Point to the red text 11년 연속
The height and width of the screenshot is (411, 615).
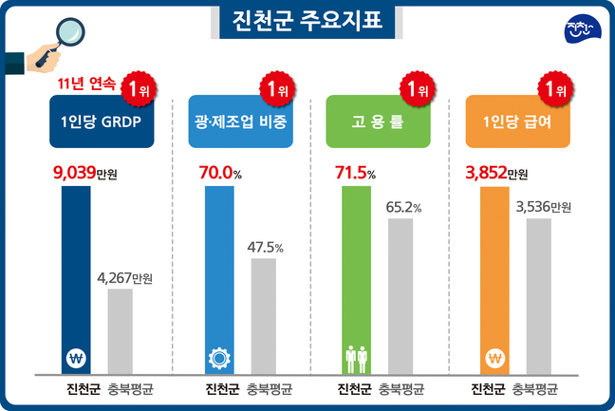(x=85, y=84)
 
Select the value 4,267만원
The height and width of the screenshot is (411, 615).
(x=125, y=277)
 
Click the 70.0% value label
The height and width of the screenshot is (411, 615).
(x=224, y=174)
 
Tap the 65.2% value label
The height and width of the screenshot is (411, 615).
(x=402, y=207)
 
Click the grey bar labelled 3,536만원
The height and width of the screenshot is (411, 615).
(x=539, y=294)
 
